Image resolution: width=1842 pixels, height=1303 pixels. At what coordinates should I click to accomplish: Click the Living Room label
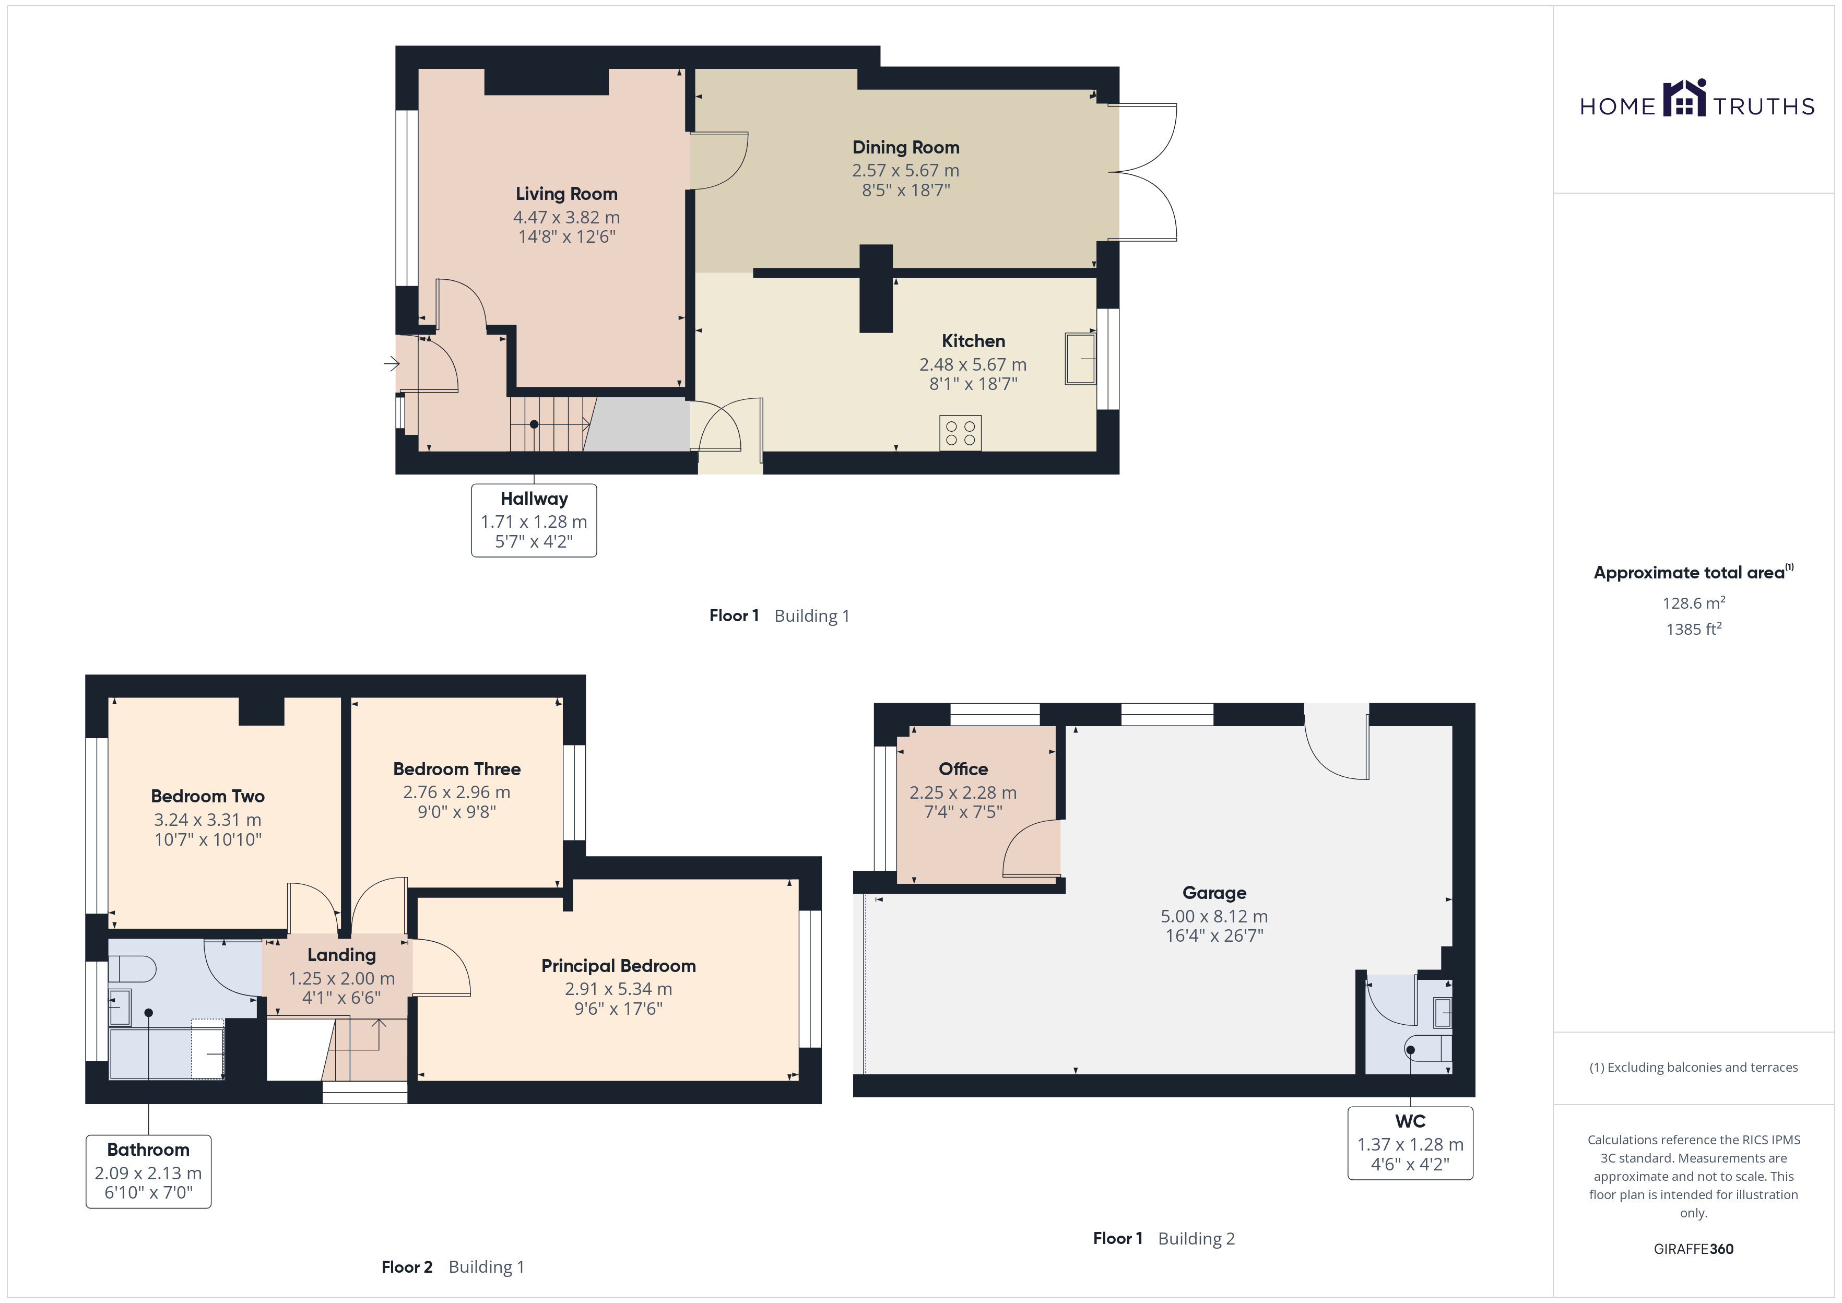[566, 194]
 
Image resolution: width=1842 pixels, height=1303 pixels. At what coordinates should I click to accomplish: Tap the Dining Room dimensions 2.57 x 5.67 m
[906, 171]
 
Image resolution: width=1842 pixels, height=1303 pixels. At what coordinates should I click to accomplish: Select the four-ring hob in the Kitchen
[960, 433]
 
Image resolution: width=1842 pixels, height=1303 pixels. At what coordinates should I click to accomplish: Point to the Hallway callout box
[534, 520]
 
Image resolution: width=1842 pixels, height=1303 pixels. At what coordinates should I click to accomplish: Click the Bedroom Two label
[208, 796]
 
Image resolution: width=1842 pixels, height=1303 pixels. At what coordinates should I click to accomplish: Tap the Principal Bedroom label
[619, 966]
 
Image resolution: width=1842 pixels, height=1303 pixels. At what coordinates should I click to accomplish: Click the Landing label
[342, 955]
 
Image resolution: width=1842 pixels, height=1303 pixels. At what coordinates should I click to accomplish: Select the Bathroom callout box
[148, 1171]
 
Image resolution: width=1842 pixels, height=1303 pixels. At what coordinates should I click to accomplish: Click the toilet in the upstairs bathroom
[133, 969]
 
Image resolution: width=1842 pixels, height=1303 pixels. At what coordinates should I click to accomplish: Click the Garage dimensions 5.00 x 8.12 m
[1214, 916]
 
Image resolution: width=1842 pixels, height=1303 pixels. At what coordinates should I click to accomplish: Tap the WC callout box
[1410, 1143]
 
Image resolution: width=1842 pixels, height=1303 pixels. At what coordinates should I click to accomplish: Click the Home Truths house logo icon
[1685, 98]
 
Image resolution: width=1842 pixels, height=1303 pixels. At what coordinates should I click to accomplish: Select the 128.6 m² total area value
[1694, 602]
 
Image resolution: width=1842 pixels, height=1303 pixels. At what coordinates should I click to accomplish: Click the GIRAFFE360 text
[1694, 1249]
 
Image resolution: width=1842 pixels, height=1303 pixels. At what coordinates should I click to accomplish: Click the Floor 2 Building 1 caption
[453, 1267]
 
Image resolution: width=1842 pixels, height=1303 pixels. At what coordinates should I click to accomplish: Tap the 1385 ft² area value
[1694, 629]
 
